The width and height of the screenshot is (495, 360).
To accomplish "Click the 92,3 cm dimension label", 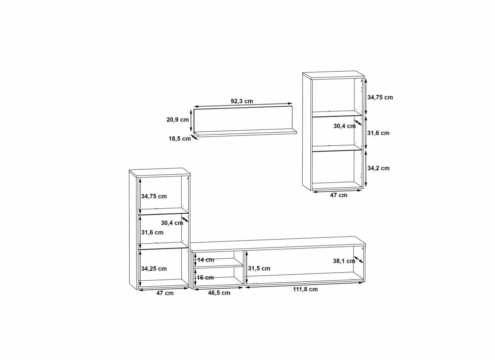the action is point(242,101).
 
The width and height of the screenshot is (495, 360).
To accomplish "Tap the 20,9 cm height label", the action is point(178,120).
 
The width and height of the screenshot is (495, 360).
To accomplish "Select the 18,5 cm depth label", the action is point(180,139).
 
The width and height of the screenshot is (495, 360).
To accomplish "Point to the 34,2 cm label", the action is point(378,168).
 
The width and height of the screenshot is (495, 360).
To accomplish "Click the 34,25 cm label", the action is point(154,269).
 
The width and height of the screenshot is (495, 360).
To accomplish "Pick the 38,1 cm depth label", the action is point(344,261).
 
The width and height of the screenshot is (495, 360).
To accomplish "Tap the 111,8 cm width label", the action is point(305,289).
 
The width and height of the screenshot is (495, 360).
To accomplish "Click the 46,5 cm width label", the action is point(219,293).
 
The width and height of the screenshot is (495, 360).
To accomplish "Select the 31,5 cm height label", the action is point(259,268).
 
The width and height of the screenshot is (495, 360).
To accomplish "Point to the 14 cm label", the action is point(206,260).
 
